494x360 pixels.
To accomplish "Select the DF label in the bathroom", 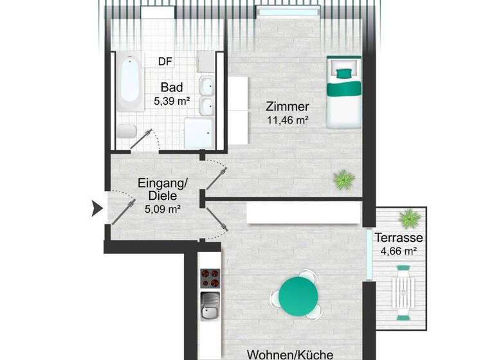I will (x=165, y=62).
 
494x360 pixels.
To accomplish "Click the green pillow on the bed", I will (x=342, y=72).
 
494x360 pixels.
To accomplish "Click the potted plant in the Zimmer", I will (x=344, y=178).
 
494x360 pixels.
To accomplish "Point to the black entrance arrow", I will (x=97, y=208).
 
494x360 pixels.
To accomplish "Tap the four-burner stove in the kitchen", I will (x=210, y=278).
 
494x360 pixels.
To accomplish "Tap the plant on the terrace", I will (x=408, y=220).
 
